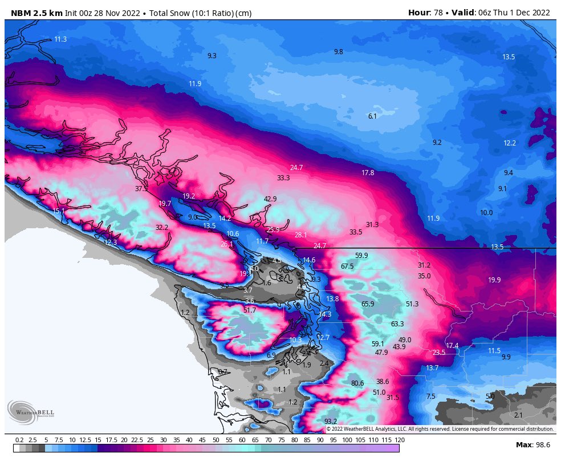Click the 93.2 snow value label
click(331, 421)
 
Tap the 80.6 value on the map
click(357, 383)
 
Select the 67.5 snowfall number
click(347, 266)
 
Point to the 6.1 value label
click(372, 116)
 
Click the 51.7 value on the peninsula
click(250, 310)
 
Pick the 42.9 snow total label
click(270, 199)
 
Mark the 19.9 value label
click(494, 280)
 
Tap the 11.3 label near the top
click(61, 39)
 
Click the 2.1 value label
click(518, 415)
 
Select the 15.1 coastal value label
click(59, 211)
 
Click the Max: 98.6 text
click(532, 444)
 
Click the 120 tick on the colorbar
click(400, 440)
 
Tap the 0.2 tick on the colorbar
click(19, 440)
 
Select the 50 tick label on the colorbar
click(216, 440)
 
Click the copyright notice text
click(440, 428)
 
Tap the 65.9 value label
click(368, 304)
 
